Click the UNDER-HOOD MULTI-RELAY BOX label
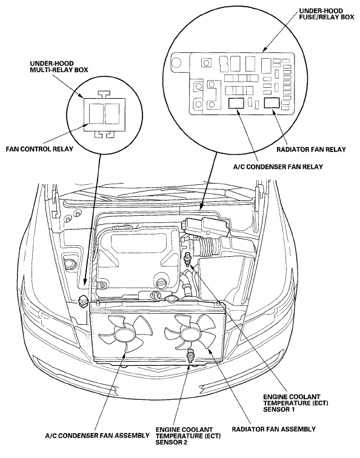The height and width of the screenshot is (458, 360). (x=59, y=67)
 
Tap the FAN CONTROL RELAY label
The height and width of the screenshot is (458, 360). (x=39, y=149)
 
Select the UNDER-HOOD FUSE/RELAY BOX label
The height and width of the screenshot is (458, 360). (x=327, y=14)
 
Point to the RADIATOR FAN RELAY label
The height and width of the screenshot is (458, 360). (x=311, y=150)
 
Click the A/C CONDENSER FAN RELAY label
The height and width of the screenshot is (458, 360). (x=278, y=167)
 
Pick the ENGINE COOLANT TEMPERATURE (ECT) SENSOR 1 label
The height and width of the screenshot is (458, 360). (x=296, y=403)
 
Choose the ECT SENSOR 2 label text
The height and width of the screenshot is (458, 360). (x=188, y=436)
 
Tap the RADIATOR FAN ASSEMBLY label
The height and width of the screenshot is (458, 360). (x=273, y=429)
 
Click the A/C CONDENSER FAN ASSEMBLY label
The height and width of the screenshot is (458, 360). (x=98, y=436)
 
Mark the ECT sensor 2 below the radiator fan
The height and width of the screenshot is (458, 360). (x=190, y=356)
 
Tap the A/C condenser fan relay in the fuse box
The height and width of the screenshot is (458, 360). (x=236, y=103)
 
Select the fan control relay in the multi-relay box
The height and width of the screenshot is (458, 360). (x=96, y=113)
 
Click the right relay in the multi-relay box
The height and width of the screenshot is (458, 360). (x=112, y=113)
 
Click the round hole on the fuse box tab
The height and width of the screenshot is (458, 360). (x=177, y=62)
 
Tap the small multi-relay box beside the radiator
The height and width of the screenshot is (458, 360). (x=83, y=302)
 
